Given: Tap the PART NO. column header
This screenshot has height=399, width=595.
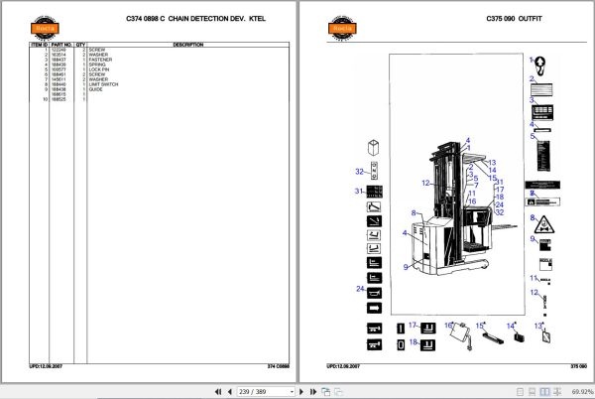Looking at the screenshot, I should tap(60, 45).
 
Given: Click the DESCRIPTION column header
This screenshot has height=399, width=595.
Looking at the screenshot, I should tap(188, 45).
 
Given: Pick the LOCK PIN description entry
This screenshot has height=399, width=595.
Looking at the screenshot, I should tap(97, 68).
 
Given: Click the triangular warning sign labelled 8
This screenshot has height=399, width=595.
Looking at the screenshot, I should tap(544, 221).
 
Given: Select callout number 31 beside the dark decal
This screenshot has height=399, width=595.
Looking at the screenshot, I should tap(360, 190).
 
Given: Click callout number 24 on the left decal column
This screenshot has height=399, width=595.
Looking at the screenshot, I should tap(361, 289).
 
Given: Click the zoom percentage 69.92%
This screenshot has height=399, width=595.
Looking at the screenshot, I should tap(573, 391).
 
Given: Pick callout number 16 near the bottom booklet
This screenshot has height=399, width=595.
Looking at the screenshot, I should tap(447, 325).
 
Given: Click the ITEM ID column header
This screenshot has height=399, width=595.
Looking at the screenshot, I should tap(37, 45).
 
